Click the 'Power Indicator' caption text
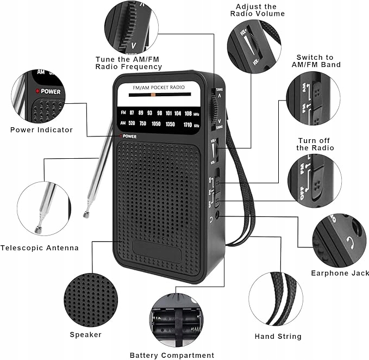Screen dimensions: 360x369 click(41, 130)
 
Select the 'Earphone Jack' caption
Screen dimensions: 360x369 click(336, 273)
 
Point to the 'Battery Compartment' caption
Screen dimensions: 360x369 click(172, 355)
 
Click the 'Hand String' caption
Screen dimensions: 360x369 click(278, 337)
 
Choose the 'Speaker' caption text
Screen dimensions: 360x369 click(85, 334)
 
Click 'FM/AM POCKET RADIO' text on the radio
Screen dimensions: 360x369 click(159, 88)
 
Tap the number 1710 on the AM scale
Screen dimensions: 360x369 click(187, 125)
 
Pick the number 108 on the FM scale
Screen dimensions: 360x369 click(188, 113)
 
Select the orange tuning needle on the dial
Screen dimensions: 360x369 click(154, 95)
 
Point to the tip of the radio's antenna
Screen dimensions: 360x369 click(86, 215)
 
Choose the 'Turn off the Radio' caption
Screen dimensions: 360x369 click(315, 144)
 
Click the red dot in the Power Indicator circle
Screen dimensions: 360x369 click(37, 91)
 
